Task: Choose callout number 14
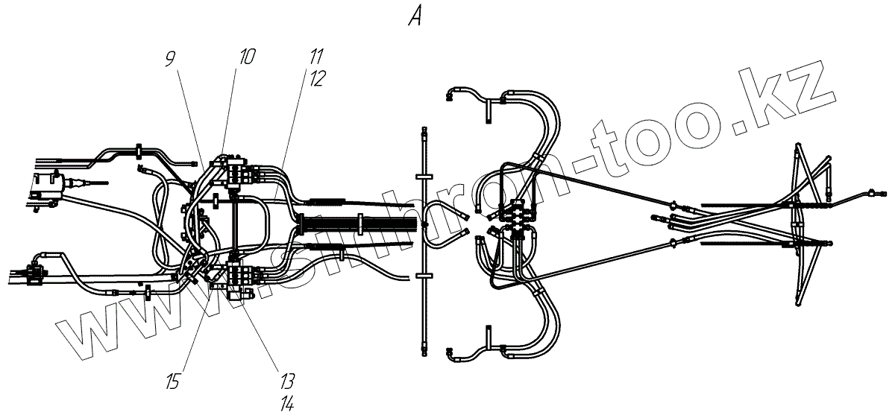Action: tap(287, 405)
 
